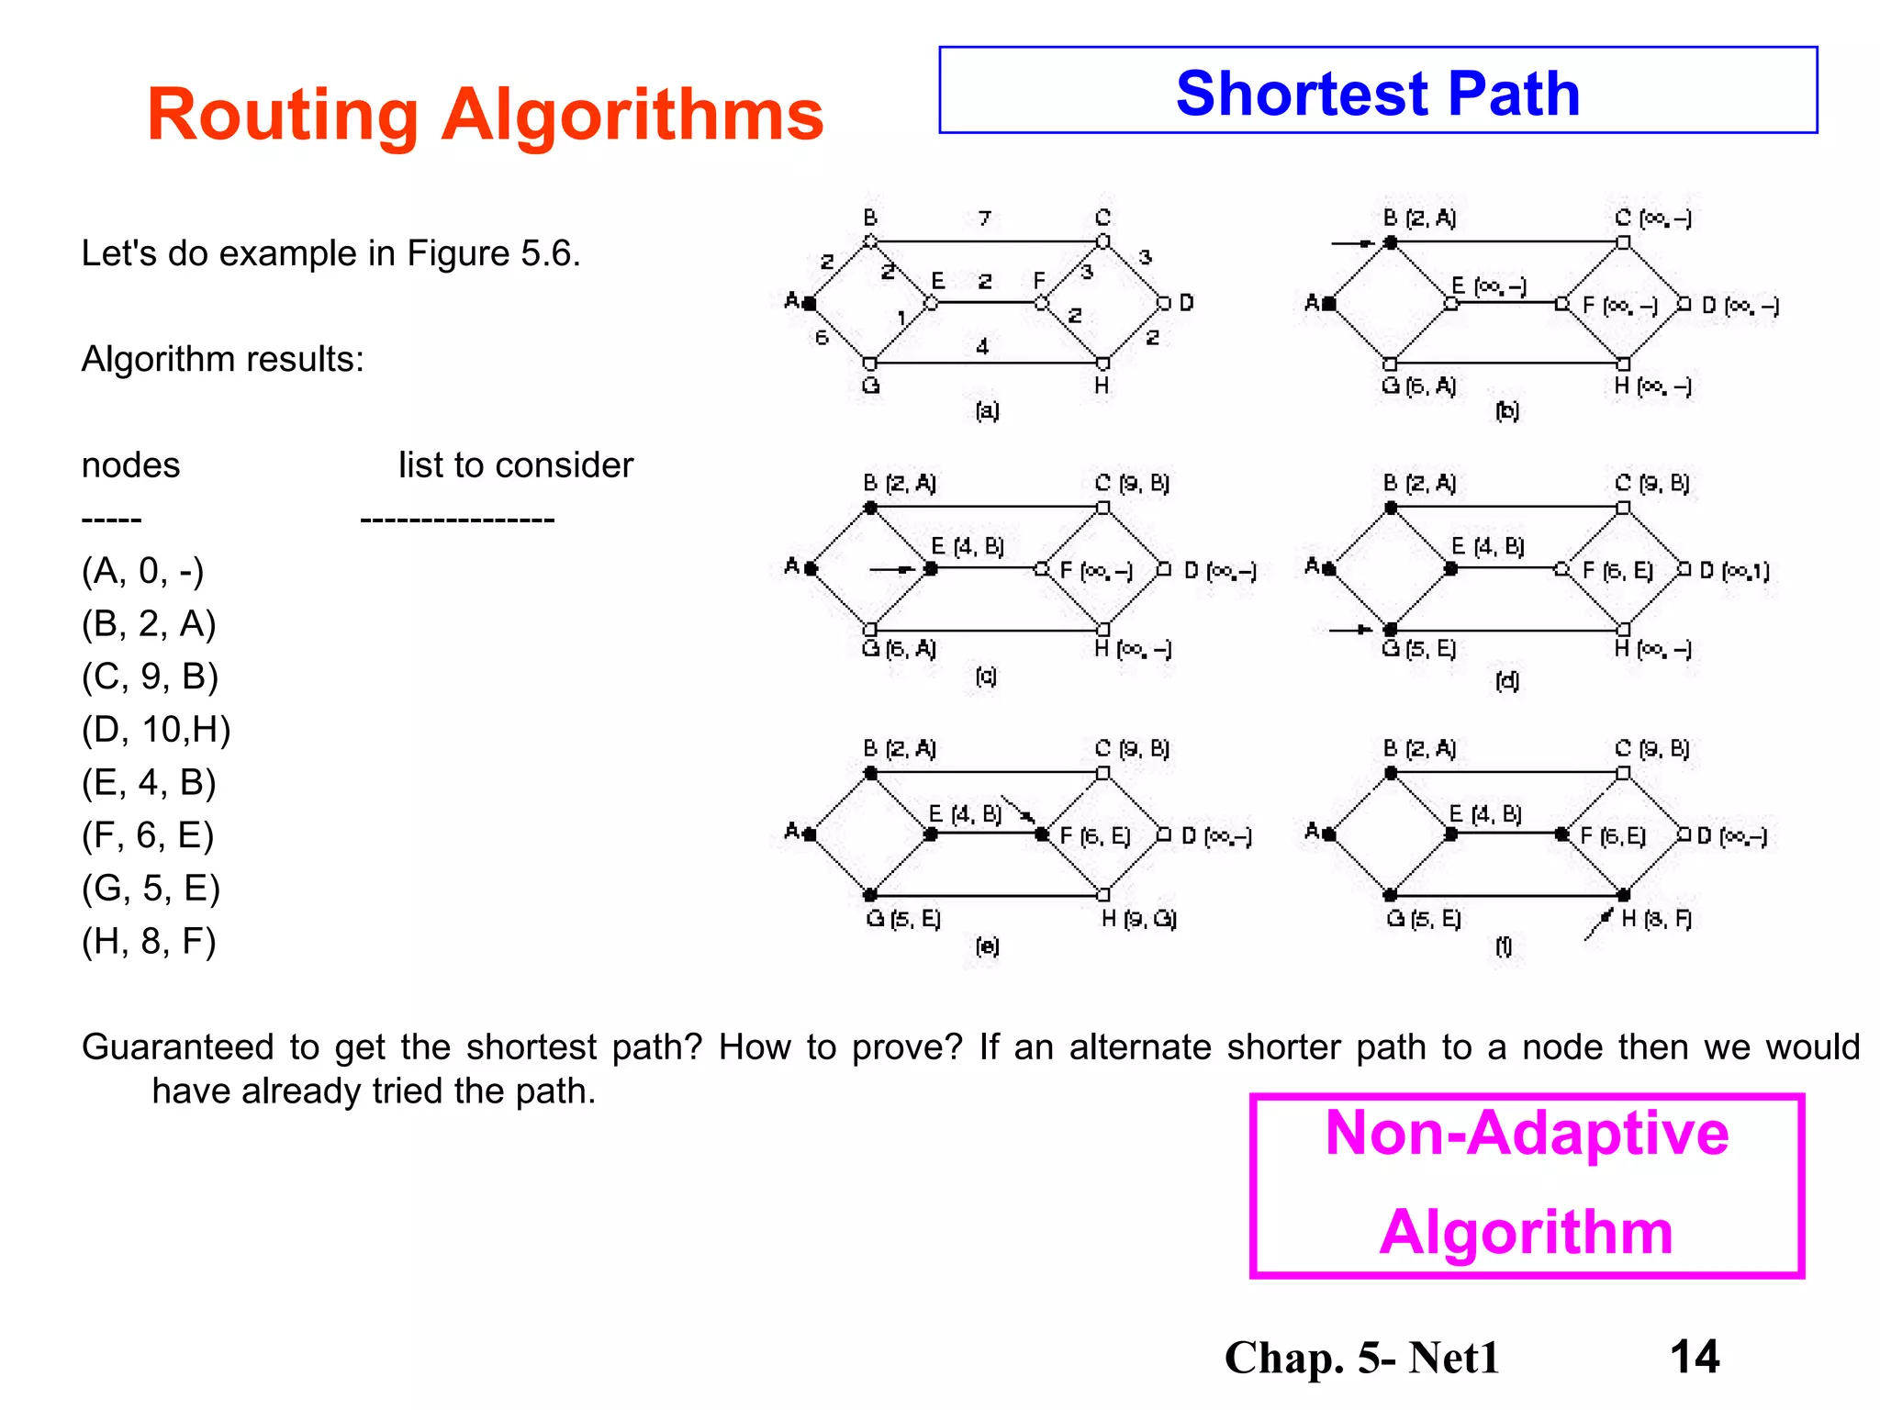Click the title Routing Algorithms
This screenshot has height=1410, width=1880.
485,116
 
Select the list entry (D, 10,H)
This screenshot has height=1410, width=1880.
156,730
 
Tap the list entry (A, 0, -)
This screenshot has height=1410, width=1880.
142,571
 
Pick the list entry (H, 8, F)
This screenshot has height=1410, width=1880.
149,941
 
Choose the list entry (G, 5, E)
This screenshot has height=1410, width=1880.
151,888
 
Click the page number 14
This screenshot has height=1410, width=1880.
1694,1356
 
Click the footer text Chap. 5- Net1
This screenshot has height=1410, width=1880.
1361,1358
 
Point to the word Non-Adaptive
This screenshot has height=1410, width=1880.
1527,1133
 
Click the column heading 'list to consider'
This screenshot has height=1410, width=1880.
515,465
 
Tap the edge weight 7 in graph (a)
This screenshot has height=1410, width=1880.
984,218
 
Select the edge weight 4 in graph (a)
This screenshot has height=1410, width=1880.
982,347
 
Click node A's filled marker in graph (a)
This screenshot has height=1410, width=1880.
809,302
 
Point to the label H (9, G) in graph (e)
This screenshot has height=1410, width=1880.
1138,919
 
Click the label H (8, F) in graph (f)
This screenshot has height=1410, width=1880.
1655,919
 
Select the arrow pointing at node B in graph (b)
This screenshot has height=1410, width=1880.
1352,243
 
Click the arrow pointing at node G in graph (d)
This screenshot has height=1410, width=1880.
1350,630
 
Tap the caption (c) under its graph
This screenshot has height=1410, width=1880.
986,677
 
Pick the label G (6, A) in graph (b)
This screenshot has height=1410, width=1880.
1418,386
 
